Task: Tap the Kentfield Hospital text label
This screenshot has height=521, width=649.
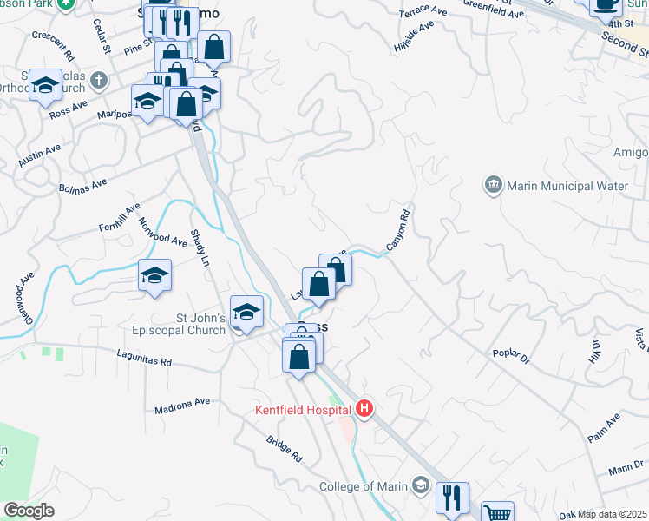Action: click(x=304, y=409)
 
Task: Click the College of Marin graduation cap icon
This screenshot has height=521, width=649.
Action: click(x=421, y=485)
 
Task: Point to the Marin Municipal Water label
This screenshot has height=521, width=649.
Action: click(x=567, y=186)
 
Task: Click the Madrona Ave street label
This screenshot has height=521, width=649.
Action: click(x=182, y=406)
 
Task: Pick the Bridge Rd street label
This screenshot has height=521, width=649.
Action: click(x=285, y=448)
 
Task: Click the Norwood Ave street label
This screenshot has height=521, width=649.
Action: click(x=162, y=231)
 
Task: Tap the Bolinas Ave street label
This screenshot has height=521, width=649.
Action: click(x=82, y=186)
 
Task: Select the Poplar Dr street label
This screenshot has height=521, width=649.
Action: click(x=511, y=356)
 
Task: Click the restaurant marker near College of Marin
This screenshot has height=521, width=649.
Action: click(x=452, y=498)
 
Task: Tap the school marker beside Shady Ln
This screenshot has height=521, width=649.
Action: click(x=154, y=276)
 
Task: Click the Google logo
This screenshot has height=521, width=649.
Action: click(x=29, y=511)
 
